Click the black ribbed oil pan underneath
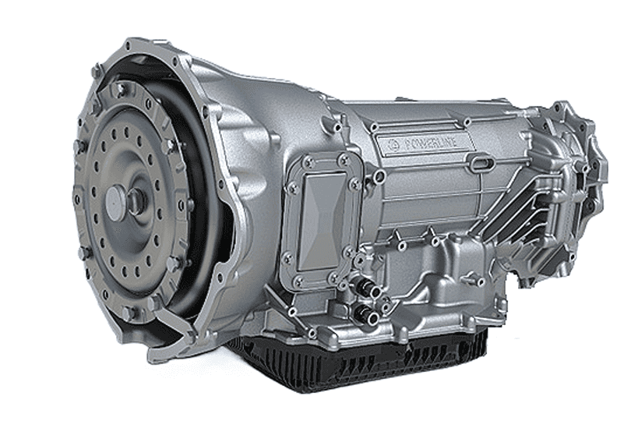358,363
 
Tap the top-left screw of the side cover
308,161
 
